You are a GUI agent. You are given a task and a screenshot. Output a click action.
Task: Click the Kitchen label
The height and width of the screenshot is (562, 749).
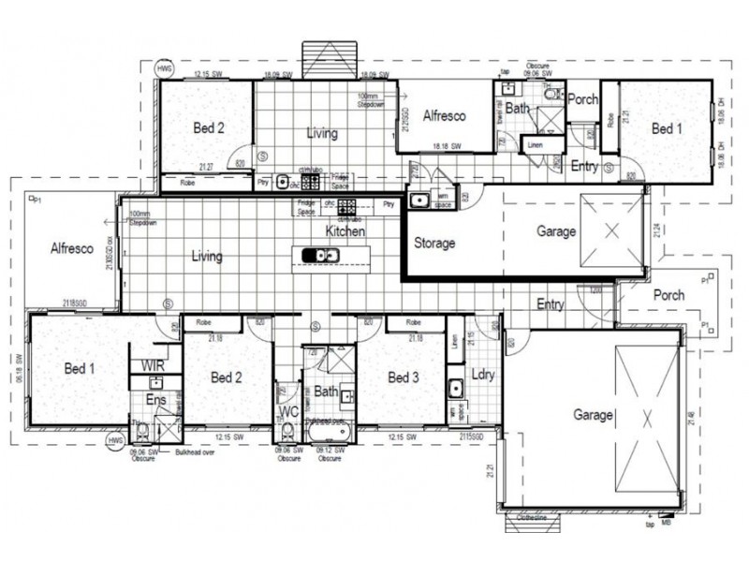click(x=345, y=230)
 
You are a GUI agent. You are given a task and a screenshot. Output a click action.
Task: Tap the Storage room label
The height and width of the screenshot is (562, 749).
click(x=434, y=244)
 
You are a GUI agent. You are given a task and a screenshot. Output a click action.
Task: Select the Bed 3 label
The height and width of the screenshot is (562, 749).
click(x=403, y=377)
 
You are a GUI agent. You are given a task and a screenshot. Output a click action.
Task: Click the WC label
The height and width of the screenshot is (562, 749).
click(x=289, y=412)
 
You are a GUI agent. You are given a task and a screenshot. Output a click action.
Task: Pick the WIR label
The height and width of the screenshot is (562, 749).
click(x=154, y=364)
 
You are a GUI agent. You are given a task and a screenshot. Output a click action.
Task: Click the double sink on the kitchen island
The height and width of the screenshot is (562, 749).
click(x=326, y=255)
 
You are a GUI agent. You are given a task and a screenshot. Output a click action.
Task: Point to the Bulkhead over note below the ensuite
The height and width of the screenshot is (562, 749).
click(x=195, y=451)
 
